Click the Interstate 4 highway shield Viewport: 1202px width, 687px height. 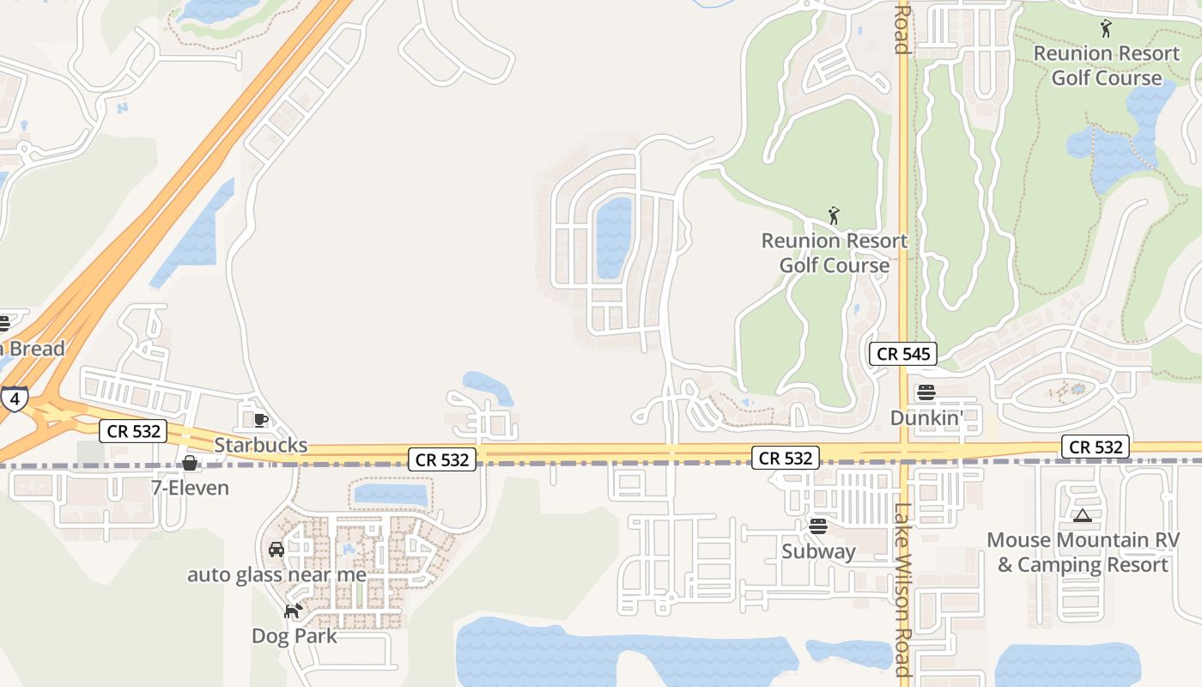(x=14, y=398)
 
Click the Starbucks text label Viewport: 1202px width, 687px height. (x=260, y=445)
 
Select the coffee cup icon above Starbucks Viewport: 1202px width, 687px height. (x=261, y=420)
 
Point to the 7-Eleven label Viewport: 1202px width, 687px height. (x=190, y=488)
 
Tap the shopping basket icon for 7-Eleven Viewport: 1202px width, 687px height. (x=190, y=464)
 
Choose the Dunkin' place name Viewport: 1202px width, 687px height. (x=926, y=417)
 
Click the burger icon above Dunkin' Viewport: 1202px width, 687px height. (x=926, y=393)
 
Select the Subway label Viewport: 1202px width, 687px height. (x=818, y=551)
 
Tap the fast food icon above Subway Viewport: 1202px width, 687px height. (x=818, y=526)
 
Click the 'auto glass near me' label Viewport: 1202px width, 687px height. (x=276, y=575)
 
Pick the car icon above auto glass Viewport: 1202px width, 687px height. (x=276, y=550)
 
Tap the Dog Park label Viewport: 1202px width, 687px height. (x=294, y=636)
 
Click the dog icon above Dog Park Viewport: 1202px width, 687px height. (x=294, y=611)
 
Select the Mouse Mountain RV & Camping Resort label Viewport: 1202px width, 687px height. (x=1083, y=552)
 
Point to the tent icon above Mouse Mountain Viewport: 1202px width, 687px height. (x=1083, y=516)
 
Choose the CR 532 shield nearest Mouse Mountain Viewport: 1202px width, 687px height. (x=1094, y=447)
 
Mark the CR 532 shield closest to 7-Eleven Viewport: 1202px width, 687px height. (x=132, y=431)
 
